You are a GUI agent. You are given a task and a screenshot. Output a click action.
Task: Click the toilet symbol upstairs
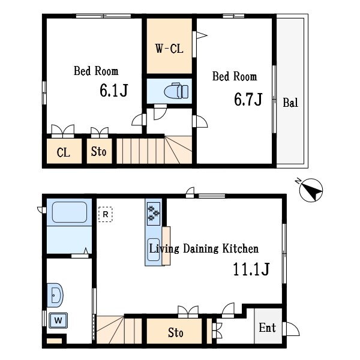click(x=176, y=91)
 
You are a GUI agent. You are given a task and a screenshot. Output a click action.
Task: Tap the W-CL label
click(x=169, y=49)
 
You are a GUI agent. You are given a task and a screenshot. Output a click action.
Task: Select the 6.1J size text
click(x=113, y=90)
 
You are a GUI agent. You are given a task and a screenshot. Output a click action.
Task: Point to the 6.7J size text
click(x=248, y=99)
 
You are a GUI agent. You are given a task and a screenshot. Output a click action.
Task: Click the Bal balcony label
click(x=290, y=103)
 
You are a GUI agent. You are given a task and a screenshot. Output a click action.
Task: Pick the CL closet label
click(x=63, y=152)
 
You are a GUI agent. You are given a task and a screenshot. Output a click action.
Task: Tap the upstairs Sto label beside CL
click(x=99, y=152)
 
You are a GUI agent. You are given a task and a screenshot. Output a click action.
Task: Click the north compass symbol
click(x=311, y=190)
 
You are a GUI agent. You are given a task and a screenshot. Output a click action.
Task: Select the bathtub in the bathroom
click(x=70, y=212)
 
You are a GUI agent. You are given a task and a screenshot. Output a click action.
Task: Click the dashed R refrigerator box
click(x=106, y=214)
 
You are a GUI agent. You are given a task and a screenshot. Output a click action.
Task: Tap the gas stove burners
click(x=154, y=214)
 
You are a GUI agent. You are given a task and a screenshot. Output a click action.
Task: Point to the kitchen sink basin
click(x=154, y=250)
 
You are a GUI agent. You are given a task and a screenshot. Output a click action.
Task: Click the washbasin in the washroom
click(x=55, y=295)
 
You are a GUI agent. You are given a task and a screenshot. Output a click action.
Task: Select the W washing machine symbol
click(x=58, y=320)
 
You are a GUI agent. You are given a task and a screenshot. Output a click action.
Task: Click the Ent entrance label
click(x=267, y=328)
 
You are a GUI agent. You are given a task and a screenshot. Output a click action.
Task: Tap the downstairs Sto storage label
click(x=176, y=332)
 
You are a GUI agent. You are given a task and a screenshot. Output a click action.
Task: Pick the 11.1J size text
click(x=251, y=269)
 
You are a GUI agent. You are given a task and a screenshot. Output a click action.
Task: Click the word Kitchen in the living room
click(x=241, y=248)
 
